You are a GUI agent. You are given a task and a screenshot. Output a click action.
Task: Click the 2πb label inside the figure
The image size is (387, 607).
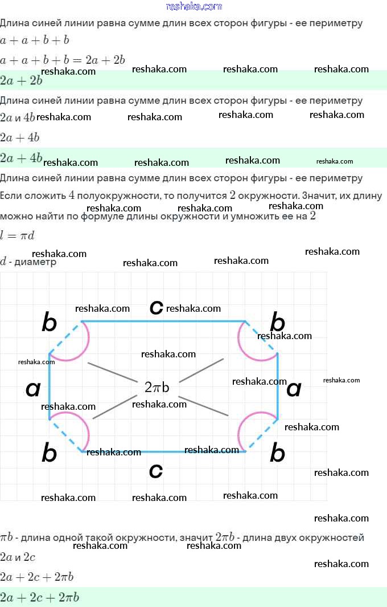pyautogui.click(x=157, y=388)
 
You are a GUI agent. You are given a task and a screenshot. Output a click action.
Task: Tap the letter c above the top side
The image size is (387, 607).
pyautogui.click(x=156, y=307)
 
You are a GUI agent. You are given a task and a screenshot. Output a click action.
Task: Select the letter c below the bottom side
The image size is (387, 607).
pyautogui.click(x=155, y=471)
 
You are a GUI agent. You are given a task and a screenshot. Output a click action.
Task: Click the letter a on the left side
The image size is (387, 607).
pyautogui.click(x=34, y=389)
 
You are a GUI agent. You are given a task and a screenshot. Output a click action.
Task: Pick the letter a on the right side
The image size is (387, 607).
pyautogui.click(x=294, y=389)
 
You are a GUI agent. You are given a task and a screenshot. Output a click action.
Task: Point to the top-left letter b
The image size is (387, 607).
pyautogui.click(x=50, y=323)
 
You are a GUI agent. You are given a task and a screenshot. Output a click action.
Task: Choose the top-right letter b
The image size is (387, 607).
pyautogui.click(x=277, y=323)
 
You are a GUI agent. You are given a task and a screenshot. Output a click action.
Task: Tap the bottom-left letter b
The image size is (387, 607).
pyautogui.click(x=50, y=454)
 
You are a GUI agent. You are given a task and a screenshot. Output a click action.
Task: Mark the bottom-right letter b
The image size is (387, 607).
pyautogui.click(x=277, y=454)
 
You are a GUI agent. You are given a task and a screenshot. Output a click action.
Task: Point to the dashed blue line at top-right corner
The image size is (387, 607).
pyautogui.click(x=261, y=337)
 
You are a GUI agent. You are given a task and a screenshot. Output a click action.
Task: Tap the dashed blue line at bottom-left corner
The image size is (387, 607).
pyautogui.click(x=67, y=436)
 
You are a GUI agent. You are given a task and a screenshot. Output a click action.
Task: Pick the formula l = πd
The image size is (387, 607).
pyautogui.click(x=17, y=235)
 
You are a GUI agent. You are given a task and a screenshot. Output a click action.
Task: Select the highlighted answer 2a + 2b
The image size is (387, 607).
pyautogui.click(x=21, y=80)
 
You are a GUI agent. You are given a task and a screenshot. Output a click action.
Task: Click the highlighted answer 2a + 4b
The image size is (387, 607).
pyautogui.click(x=21, y=157)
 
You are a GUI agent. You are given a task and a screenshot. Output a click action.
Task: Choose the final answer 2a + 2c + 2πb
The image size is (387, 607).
pyautogui.click(x=39, y=597)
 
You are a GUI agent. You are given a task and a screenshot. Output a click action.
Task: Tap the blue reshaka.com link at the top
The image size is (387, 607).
pyautogui.click(x=193, y=6)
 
